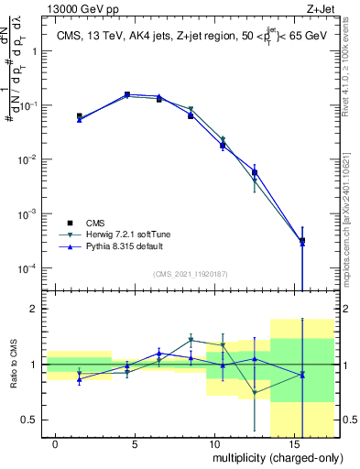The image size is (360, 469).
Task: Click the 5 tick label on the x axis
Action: pos(135,443)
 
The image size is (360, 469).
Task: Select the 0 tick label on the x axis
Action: pos(56,443)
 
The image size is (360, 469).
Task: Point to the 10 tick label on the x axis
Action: pos(213,443)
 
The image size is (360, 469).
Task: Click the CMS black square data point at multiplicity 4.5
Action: pos(127,94)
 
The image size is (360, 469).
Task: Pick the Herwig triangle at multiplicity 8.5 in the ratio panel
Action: pos(191,340)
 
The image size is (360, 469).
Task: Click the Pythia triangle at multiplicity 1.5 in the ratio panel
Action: pos(80,379)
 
